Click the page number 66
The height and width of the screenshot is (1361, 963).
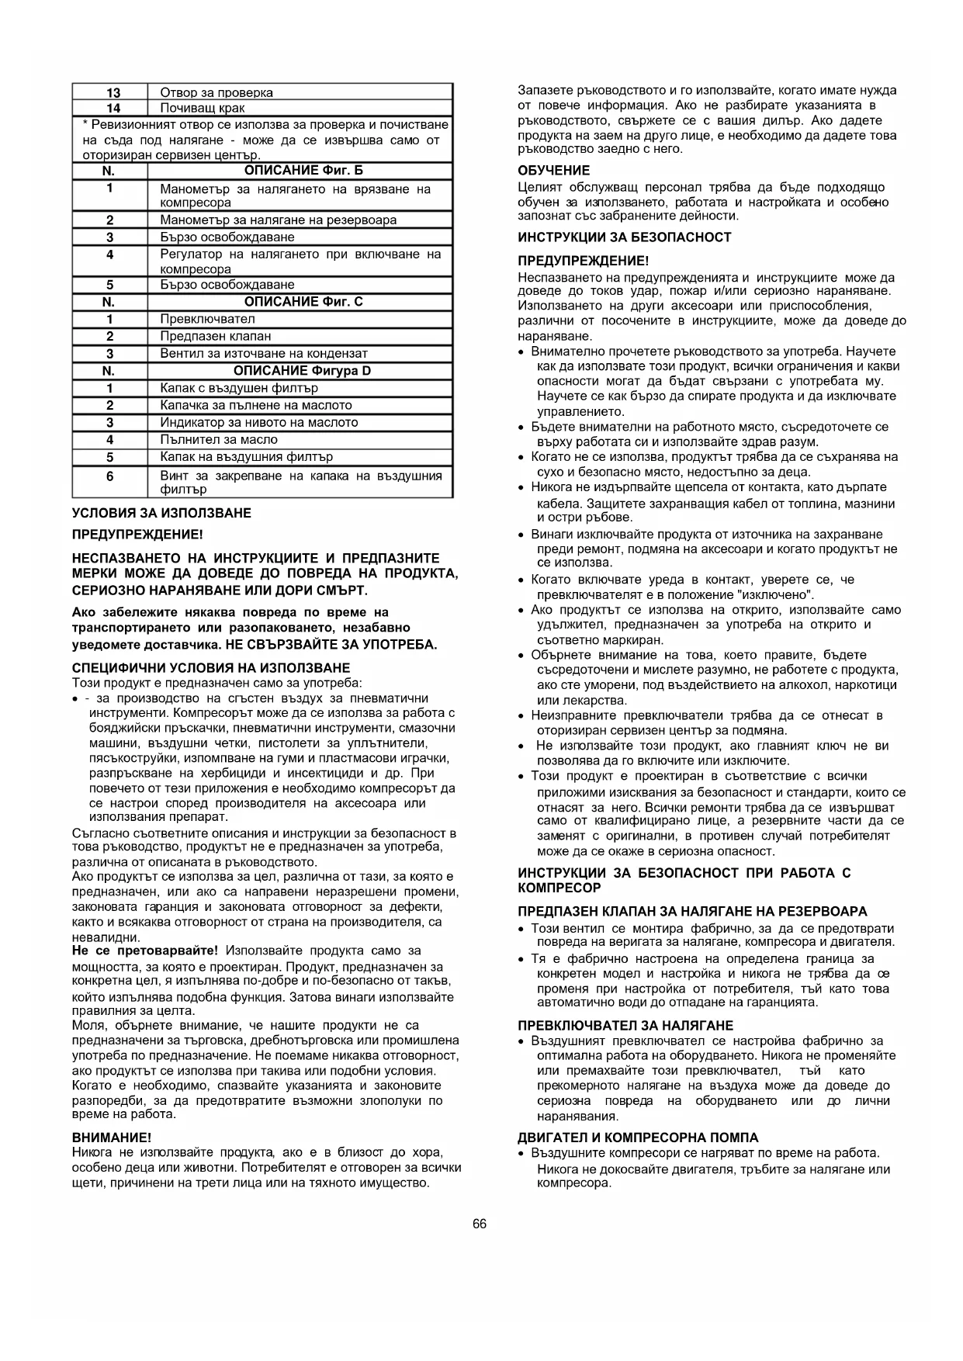coord(480,1224)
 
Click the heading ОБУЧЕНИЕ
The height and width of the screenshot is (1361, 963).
coord(553,171)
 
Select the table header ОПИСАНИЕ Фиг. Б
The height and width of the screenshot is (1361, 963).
coord(303,170)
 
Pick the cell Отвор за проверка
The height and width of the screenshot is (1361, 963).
coord(217,92)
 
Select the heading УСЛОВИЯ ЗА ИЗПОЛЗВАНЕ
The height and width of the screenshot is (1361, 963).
coord(161,513)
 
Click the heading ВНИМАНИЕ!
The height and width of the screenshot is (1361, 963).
coord(111,1137)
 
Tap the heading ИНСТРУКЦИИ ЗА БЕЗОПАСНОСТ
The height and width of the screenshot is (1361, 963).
coord(624,237)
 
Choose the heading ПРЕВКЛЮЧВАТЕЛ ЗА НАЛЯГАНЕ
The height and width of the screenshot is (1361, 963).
coord(625,1025)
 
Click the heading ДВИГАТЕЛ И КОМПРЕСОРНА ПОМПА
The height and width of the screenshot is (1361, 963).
coord(638,1138)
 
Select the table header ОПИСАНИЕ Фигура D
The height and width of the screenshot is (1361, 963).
coord(303,370)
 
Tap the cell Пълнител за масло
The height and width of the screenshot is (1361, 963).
coord(219,439)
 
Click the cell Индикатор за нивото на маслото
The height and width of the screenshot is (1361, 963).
coord(259,422)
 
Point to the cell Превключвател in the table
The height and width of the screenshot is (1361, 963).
coord(207,319)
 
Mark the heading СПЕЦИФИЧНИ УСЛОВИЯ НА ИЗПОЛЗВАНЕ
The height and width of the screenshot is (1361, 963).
coord(211,668)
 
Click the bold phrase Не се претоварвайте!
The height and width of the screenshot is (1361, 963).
coord(145,951)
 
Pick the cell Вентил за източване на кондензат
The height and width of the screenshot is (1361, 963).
coord(264,353)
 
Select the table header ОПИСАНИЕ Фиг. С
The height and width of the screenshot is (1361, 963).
coord(303,301)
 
